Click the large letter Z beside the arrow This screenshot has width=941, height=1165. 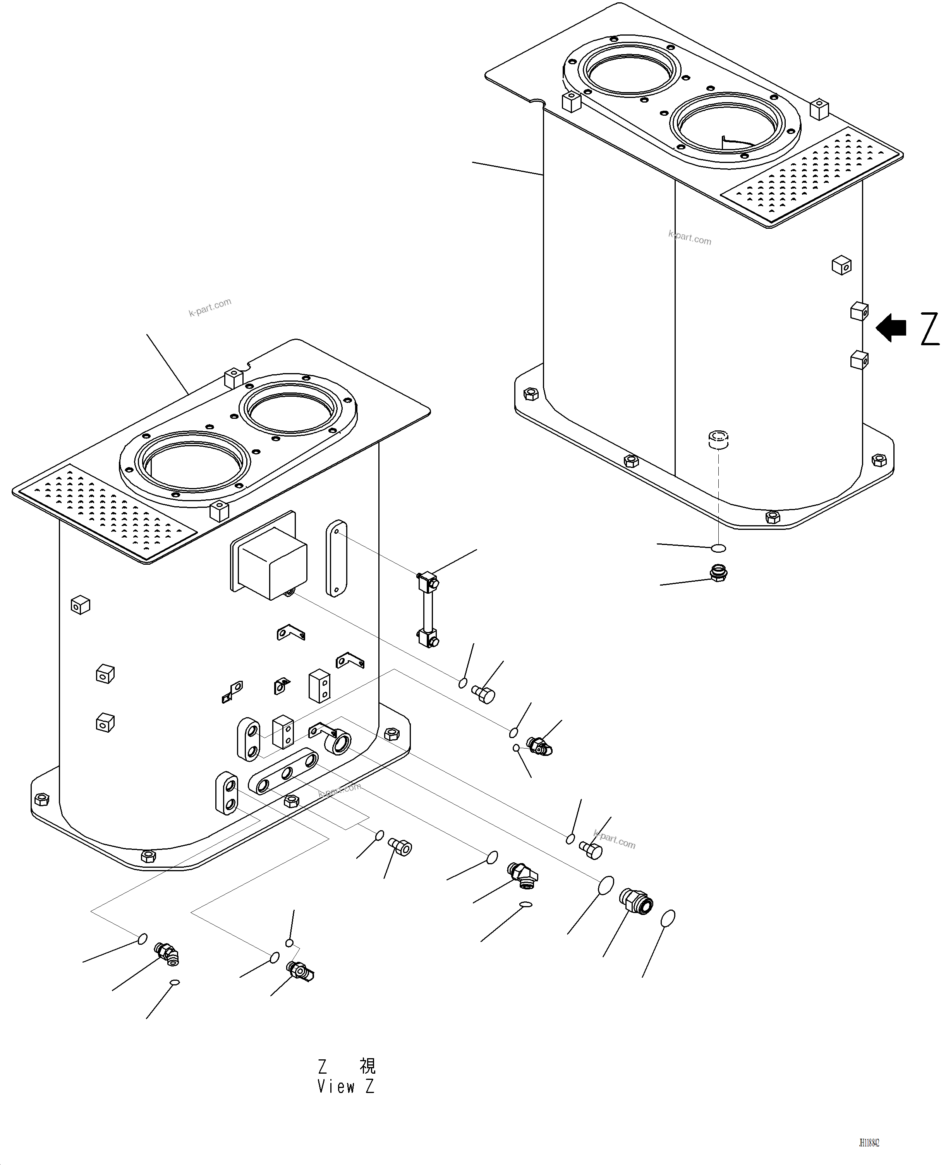tap(929, 328)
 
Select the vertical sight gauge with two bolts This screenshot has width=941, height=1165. tap(428, 609)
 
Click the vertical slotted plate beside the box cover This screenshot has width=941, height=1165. tap(336, 559)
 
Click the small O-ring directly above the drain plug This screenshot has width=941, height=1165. tap(718, 548)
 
